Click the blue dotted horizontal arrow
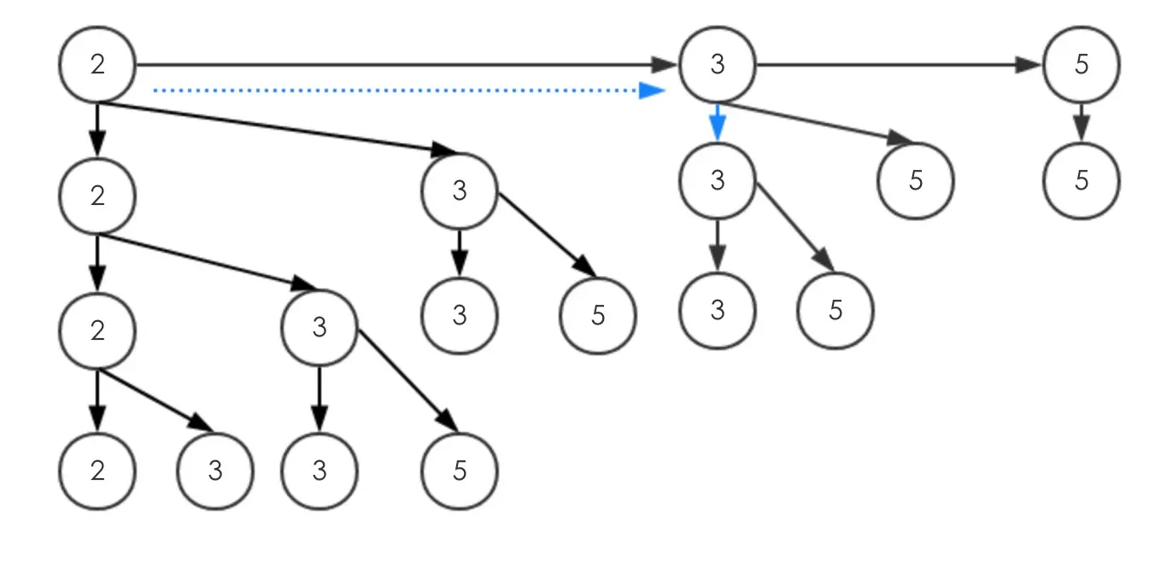(x=409, y=91)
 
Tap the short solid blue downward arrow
(x=718, y=122)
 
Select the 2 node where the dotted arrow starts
(x=97, y=64)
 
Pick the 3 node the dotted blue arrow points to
(x=718, y=64)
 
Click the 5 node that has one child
(x=1082, y=64)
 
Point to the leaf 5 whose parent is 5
(x=1082, y=181)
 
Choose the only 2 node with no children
(x=97, y=471)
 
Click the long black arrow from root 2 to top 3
(x=407, y=65)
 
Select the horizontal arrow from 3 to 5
(x=898, y=65)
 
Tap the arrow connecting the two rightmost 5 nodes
(x=1082, y=122)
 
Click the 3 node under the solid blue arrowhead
(x=718, y=181)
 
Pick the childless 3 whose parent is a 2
(x=215, y=471)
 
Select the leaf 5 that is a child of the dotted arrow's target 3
(x=915, y=181)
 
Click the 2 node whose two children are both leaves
(x=97, y=330)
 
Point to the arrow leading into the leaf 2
(x=97, y=400)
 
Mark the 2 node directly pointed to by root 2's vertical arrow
(x=97, y=196)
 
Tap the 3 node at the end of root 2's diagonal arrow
(x=460, y=191)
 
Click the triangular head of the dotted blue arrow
(x=653, y=91)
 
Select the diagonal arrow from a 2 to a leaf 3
(x=155, y=400)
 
